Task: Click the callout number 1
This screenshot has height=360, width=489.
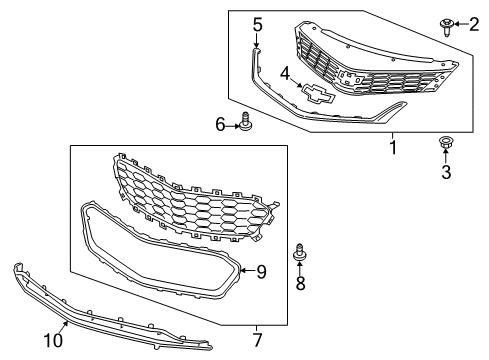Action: coord(392,148)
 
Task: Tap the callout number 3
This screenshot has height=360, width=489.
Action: coord(446,172)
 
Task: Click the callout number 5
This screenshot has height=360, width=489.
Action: coord(257,24)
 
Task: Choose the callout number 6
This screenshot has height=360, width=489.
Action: coord(220,124)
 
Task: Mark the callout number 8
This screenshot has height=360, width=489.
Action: coord(299,285)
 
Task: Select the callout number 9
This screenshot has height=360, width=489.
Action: coord(262,270)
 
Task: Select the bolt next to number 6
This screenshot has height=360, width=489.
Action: coord(243,123)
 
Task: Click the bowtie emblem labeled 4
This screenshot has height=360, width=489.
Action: coord(319,95)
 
